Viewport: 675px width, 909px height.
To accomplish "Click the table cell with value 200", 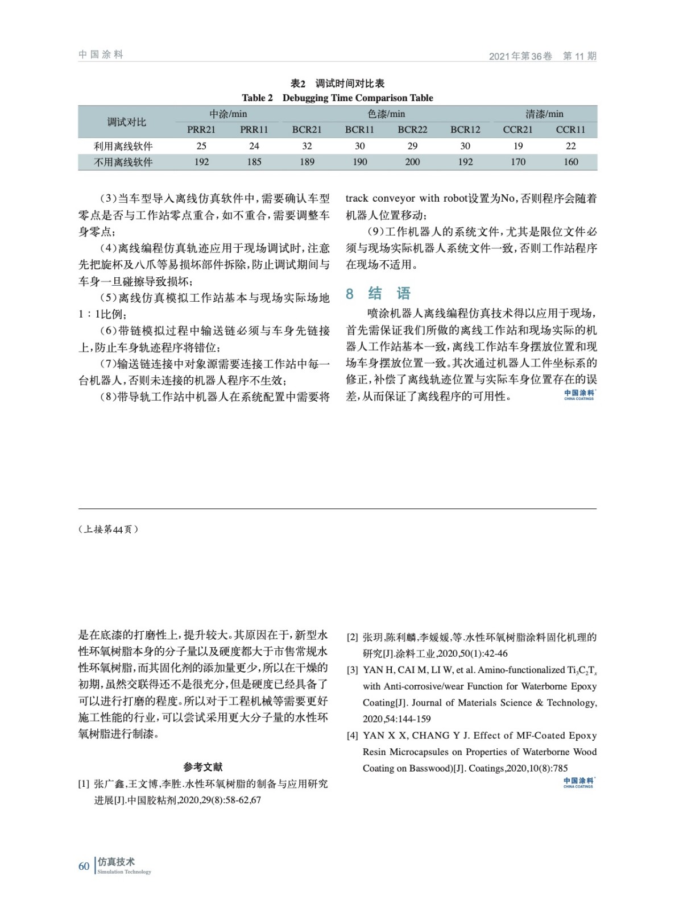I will tap(412, 162).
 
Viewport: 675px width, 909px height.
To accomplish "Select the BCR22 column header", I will tap(412, 130).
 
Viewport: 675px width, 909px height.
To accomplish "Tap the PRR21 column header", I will tap(201, 130).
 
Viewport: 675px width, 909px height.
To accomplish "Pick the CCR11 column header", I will tap(570, 130).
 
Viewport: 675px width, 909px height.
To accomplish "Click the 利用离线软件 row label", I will tap(123, 146).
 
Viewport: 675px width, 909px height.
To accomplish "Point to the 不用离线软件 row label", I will tap(123, 162).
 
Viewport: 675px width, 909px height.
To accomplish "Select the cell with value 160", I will tap(570, 162).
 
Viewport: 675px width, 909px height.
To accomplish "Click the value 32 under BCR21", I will tap(307, 146).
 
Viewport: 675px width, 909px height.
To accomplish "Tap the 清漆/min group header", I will tap(544, 114).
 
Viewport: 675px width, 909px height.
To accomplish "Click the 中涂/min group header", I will tap(228, 114).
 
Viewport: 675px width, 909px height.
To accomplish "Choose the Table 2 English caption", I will tap(337, 98).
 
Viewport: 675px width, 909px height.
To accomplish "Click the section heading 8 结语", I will tap(378, 293).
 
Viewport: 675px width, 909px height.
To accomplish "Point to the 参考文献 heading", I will tap(203, 767).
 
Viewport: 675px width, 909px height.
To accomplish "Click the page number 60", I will tap(84, 866).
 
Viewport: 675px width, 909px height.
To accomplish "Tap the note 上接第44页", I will tap(108, 529).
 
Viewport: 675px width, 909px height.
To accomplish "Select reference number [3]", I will tap(353, 670).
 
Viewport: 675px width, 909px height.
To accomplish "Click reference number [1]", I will tap(84, 784).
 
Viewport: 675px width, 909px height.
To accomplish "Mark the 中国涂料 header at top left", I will tap(101, 55).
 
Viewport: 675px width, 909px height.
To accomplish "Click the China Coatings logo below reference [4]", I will tap(578, 783).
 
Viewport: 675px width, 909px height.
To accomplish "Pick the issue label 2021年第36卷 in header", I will tap(520, 56).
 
